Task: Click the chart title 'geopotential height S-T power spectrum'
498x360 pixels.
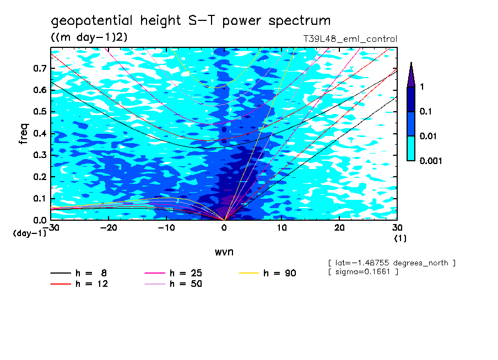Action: tap(191, 21)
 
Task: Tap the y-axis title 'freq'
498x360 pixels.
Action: tap(24, 134)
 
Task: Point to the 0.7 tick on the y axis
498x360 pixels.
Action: tap(40, 68)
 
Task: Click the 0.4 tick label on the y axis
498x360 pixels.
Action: tap(40, 134)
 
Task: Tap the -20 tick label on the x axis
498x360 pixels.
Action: tap(109, 227)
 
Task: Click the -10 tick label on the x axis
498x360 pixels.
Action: tap(166, 227)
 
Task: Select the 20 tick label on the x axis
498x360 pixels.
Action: tap(339, 227)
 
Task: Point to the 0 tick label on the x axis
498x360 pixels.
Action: tap(224, 227)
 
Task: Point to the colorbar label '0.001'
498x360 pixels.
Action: tap(431, 161)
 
